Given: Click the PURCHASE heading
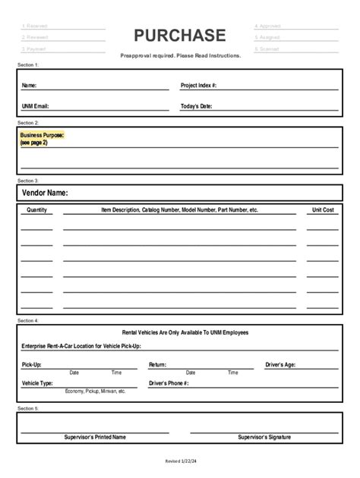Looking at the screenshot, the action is [180, 36].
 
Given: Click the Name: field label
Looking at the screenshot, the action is [29, 86].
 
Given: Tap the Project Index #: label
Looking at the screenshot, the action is [199, 86].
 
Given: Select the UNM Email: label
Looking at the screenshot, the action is [36, 106].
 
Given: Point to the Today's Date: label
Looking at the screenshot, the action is [197, 106].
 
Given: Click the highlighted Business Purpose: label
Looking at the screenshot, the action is [43, 135].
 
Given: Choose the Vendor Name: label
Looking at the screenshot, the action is [46, 193].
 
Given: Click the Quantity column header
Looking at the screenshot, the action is [36, 209].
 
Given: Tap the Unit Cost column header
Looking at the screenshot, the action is [323, 209].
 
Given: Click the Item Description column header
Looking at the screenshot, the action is [180, 209].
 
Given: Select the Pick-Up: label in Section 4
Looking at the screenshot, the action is [32, 365].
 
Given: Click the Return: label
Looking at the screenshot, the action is [157, 365].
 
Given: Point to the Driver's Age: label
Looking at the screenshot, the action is [280, 365].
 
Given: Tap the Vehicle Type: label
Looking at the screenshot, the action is [37, 384].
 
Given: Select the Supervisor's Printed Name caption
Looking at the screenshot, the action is [95, 437].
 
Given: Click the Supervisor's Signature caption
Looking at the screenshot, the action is [264, 437].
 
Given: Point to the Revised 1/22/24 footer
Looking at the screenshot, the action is [181, 461].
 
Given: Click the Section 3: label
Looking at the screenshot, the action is [27, 181].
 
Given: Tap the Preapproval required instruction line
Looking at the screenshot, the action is [181, 55].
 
